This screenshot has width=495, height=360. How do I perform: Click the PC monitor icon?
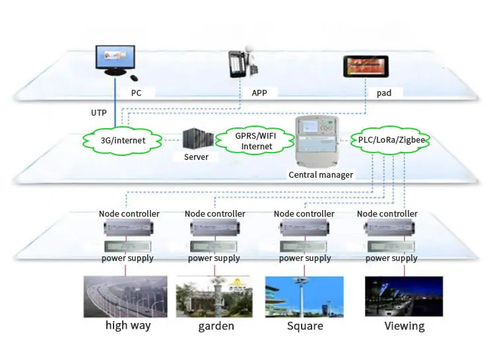pos(115,62)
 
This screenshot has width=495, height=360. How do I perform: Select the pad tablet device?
pos(364,67)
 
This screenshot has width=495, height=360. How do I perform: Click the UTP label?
pos(99,113)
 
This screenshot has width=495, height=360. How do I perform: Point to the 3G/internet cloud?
pos(123,140)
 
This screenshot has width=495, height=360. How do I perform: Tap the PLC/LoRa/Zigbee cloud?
pos(393,139)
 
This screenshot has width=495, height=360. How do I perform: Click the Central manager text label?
pos(321,175)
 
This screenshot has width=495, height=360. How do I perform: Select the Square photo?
pos(304,297)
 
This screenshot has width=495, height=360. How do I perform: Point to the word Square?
pos(305,326)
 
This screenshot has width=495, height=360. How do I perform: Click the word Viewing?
pos(405,326)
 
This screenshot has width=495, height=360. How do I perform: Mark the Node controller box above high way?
pos(129,229)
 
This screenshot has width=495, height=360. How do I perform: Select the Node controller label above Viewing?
pos(387,214)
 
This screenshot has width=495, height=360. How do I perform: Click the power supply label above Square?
pos(305,258)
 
